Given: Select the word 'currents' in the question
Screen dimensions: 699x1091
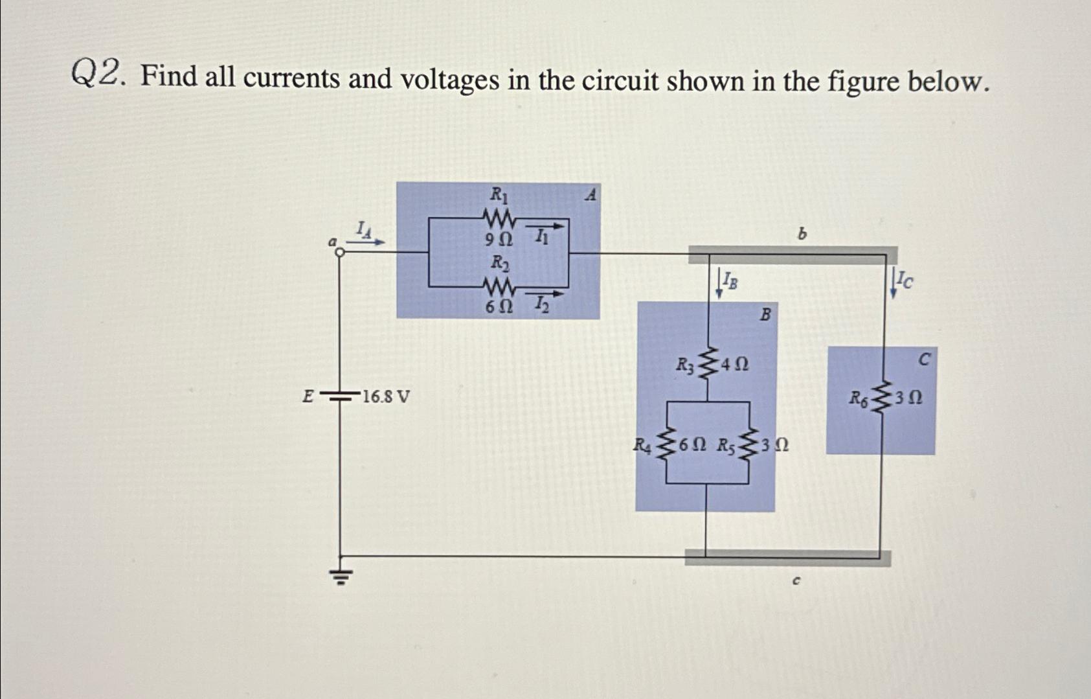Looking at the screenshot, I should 291,79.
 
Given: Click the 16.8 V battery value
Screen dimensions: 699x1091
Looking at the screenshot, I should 386,396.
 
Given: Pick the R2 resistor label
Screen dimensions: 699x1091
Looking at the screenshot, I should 499,263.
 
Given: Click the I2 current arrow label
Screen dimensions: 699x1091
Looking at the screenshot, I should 542,303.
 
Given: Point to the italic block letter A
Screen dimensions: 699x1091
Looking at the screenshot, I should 590,194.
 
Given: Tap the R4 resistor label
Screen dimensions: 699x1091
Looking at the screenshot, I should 642,446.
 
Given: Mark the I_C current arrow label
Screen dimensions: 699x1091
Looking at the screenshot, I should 906,280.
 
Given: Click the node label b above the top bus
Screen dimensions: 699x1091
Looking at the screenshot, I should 802,234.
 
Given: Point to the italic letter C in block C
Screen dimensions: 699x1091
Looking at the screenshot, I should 924,358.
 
